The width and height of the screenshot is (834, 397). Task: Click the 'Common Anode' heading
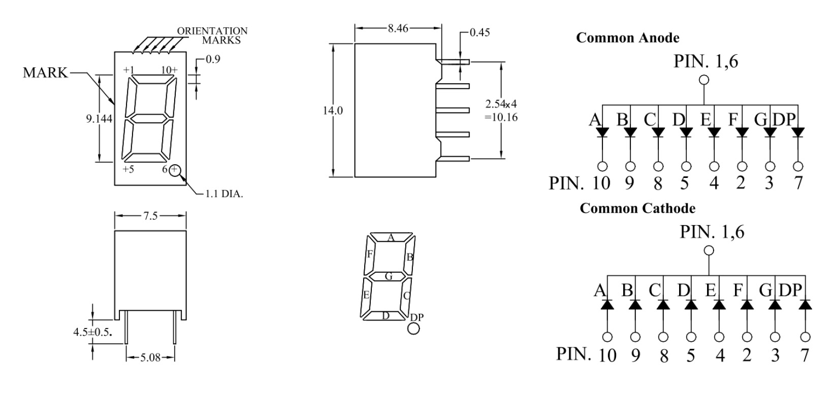[627, 38]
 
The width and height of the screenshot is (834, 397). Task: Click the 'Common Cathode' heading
[637, 208]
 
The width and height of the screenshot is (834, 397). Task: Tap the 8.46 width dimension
[398, 28]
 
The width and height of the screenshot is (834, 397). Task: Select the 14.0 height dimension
[333, 111]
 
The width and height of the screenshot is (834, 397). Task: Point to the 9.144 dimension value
[99, 119]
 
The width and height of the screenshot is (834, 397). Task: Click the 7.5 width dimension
[150, 216]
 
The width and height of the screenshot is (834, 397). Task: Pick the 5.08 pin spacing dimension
[150, 357]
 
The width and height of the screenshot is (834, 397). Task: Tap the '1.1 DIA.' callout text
[224, 194]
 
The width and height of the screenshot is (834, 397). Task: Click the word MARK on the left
[45, 73]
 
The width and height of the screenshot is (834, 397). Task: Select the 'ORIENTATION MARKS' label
[212, 35]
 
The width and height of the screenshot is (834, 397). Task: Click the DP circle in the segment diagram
[414, 329]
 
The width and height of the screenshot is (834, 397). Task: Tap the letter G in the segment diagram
[389, 276]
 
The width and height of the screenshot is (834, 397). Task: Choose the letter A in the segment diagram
[391, 237]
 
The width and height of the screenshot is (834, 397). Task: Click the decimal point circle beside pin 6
[175, 170]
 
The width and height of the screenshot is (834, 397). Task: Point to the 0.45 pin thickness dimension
[479, 32]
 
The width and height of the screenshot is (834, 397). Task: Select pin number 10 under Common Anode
[601, 183]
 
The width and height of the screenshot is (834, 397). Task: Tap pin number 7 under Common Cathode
[805, 354]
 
